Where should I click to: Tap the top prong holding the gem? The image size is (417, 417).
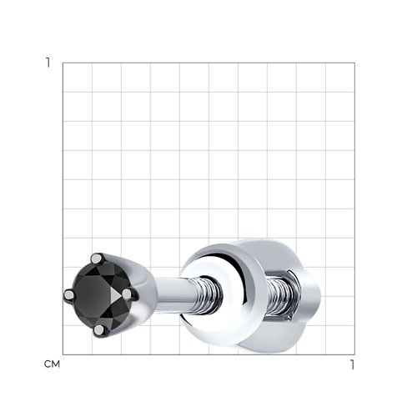click(x=97, y=259)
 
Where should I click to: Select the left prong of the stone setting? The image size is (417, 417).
click(x=68, y=294)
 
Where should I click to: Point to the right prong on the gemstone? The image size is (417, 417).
click(x=127, y=294)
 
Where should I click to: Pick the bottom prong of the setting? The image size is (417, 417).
click(x=99, y=330)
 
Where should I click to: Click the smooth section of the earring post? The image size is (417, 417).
click(x=173, y=294)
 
